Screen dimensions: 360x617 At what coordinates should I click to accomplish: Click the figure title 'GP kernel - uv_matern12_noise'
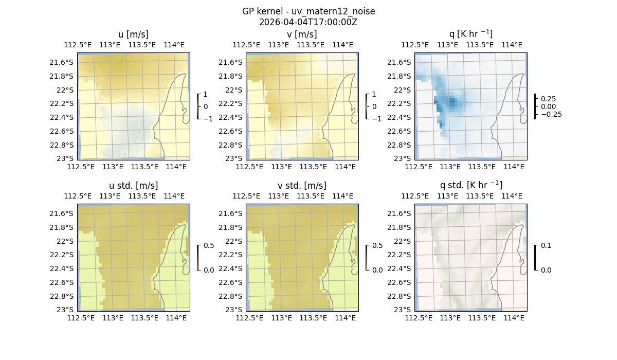(x=308, y=11)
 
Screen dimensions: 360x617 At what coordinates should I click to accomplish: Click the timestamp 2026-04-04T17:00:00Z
(x=308, y=22)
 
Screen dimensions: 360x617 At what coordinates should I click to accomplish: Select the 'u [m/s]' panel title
(x=134, y=34)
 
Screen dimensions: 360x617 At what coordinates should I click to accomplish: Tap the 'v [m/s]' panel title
(x=302, y=34)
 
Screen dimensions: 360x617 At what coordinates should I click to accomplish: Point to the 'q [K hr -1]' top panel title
(x=470, y=34)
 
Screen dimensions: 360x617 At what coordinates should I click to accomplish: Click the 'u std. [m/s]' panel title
(x=134, y=186)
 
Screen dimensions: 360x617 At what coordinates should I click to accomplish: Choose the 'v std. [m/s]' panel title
(x=302, y=186)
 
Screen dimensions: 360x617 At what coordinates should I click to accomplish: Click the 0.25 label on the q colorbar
(x=548, y=99)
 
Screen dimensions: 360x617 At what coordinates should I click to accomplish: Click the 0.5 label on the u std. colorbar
(x=209, y=245)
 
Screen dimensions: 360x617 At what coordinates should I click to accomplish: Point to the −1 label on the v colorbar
(x=376, y=119)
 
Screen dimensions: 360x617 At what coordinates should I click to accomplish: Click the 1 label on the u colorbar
(x=206, y=94)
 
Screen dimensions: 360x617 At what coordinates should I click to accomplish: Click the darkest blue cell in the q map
(x=452, y=101)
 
